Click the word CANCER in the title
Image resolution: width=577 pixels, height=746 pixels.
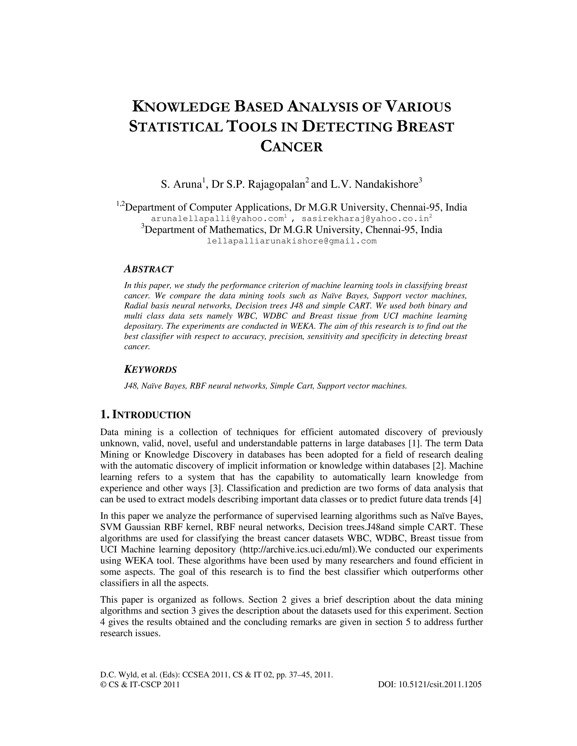[x=292, y=147]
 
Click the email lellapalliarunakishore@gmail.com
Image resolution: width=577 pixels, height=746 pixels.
[x=292, y=241]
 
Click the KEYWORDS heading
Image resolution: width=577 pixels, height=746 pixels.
[x=150, y=370]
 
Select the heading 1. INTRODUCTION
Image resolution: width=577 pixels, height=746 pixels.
[x=145, y=415]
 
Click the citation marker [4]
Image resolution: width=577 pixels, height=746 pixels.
[x=476, y=499]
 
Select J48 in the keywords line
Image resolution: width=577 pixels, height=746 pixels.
[x=130, y=386]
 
